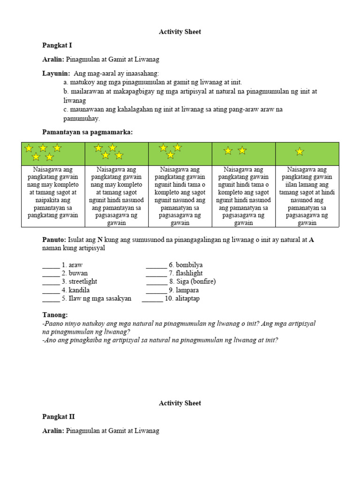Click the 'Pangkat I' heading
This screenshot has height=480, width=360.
[x=57, y=45]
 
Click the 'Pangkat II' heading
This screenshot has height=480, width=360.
[x=59, y=417]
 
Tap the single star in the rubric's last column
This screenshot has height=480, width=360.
[x=300, y=152]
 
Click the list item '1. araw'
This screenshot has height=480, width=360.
[x=72, y=265]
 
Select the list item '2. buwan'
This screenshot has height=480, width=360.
[x=75, y=273]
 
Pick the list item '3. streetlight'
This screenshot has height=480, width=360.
[x=79, y=282]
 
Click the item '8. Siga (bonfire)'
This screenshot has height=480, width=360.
[x=192, y=282]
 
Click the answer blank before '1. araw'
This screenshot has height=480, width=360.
[x=51, y=266]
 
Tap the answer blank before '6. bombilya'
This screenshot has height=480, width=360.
[x=156, y=266]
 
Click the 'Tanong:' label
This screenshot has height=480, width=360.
[x=55, y=315]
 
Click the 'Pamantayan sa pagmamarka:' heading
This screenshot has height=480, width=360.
[x=88, y=133]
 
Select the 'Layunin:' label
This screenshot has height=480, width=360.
[x=56, y=74]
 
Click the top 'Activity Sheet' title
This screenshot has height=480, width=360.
[x=180, y=32]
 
